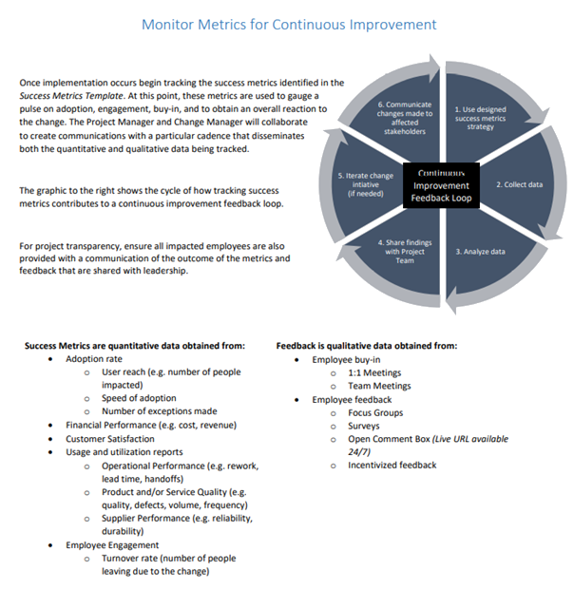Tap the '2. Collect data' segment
(507, 183)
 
